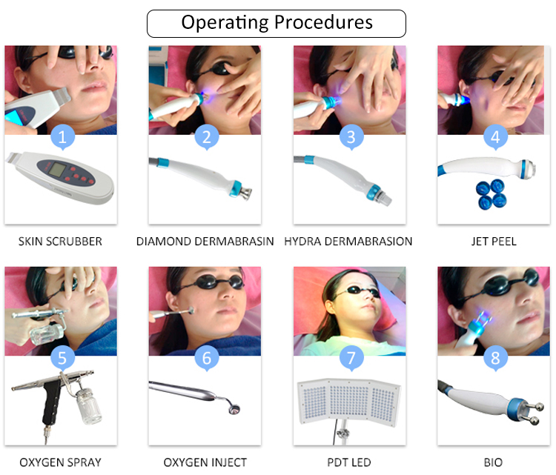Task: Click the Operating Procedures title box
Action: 277,23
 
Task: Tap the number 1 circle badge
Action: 62,136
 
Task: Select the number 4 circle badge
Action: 495,136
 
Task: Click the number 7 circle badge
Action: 351,358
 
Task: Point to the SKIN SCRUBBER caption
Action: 61,242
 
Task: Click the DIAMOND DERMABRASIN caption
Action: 205,242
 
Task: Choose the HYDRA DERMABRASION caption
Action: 348,242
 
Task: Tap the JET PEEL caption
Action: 494,242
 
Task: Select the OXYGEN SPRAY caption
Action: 60,463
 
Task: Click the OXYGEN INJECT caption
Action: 205,463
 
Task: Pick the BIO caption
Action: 494,463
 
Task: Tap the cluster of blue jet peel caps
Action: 490,193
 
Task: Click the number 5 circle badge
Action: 62,358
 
